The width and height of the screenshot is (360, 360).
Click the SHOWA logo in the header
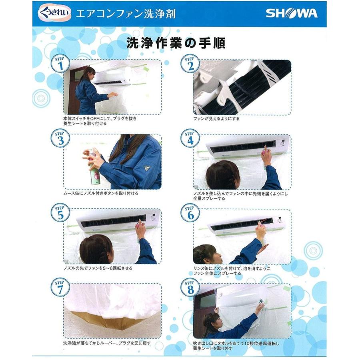point(292,13)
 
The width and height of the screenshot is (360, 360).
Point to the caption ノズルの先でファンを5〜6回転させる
point(98,268)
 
